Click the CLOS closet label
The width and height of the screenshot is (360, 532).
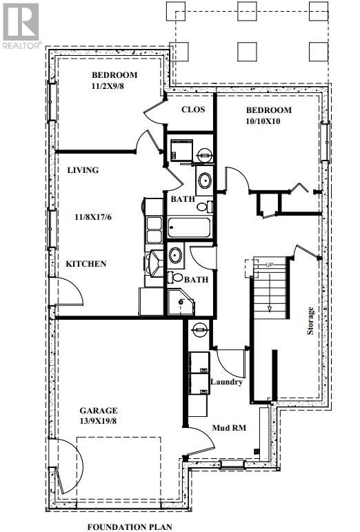tap(193, 110)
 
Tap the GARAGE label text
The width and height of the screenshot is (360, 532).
tap(99, 411)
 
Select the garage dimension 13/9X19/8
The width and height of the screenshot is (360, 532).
tap(99, 421)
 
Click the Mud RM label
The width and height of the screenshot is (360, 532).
tap(229, 428)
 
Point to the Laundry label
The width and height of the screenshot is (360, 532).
tap(226, 382)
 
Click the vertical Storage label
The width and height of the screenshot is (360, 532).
tap(310, 321)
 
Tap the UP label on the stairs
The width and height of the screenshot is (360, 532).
tap(270, 265)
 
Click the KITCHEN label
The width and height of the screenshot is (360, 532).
tap(86, 264)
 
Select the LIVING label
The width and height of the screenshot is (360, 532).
tap(83, 170)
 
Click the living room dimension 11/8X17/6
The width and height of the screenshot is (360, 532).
tap(93, 217)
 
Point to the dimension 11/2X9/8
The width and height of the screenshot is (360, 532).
tap(108, 86)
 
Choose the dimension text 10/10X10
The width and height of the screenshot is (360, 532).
tap(263, 121)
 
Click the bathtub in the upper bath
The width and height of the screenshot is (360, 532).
tap(190, 227)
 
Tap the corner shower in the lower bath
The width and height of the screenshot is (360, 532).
tap(181, 302)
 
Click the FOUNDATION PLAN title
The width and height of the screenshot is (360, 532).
tap(130, 527)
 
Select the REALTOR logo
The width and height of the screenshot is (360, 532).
tap(21, 25)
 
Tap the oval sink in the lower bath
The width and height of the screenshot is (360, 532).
tap(176, 255)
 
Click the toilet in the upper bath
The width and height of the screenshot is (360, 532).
tap(205, 207)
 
